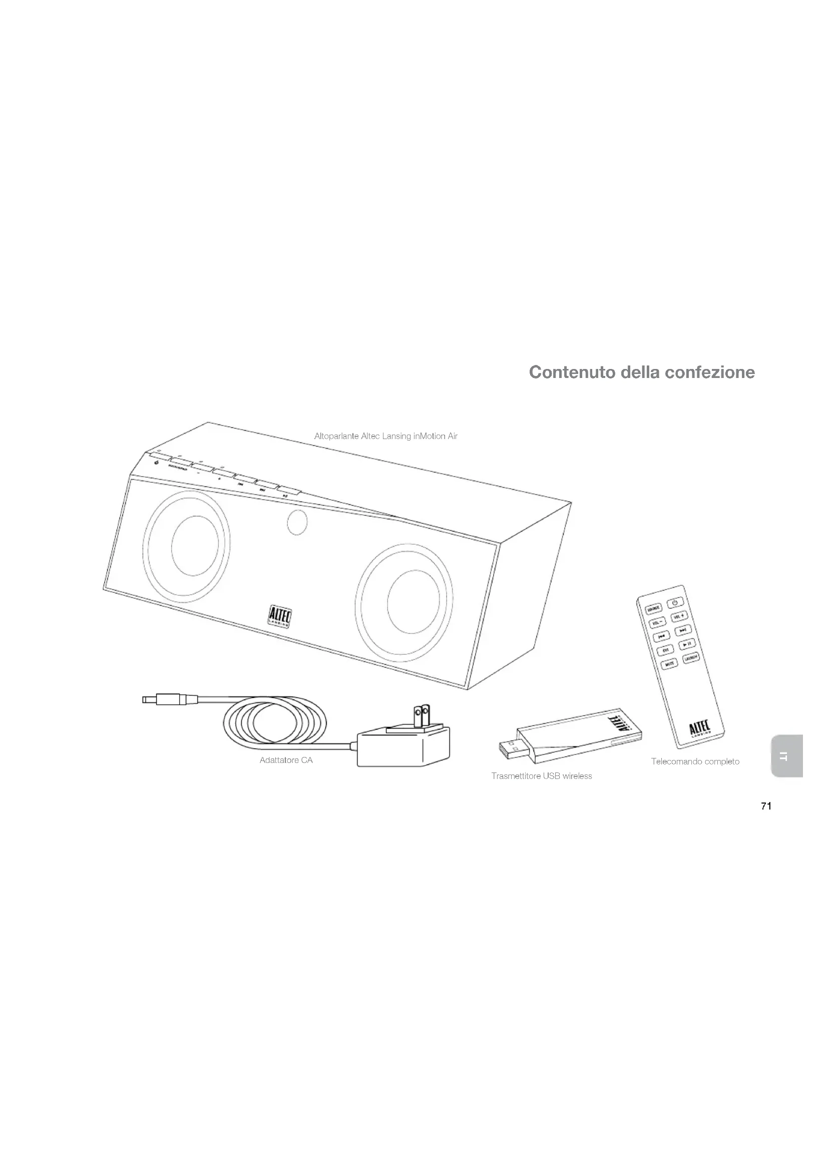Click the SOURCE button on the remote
point(653,608)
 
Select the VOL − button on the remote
point(657,623)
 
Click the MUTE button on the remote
point(669,664)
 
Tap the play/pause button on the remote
point(687,644)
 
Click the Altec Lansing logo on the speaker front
point(279,616)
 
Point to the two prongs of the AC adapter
point(422,716)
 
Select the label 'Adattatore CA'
point(286,760)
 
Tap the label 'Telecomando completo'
point(695,761)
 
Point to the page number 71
point(766,807)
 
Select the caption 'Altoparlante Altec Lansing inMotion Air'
point(385,436)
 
